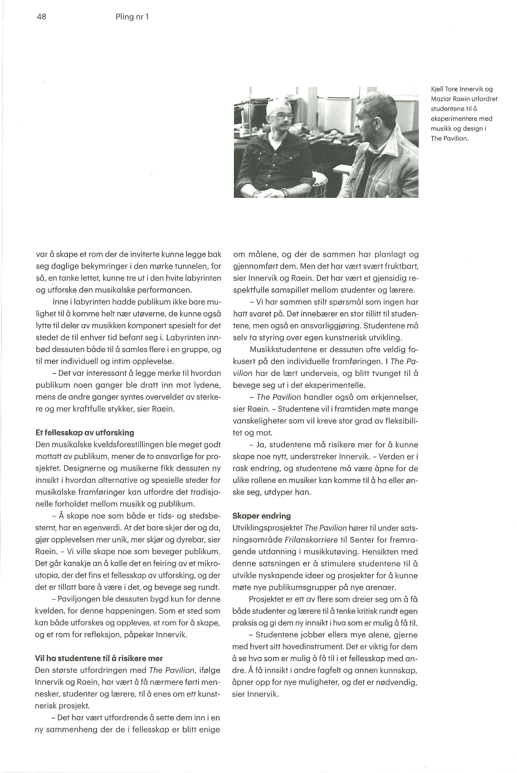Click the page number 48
click(x=41, y=17)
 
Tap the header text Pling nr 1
click(x=132, y=17)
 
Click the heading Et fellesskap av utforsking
click(x=84, y=432)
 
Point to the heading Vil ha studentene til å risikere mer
click(x=99, y=658)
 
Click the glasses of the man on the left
click(x=279, y=117)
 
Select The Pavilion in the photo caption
click(x=450, y=139)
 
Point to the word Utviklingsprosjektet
click(x=267, y=527)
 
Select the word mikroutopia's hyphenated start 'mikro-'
click(x=208, y=563)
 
